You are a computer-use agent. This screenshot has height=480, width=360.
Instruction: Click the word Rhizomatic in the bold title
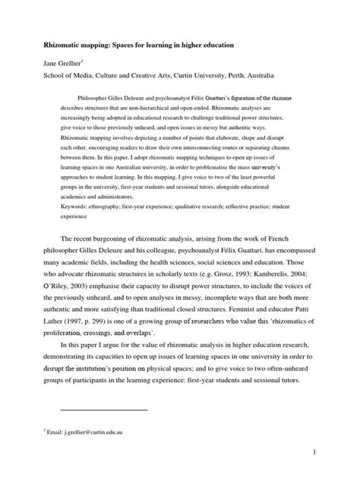pos(64,46)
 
